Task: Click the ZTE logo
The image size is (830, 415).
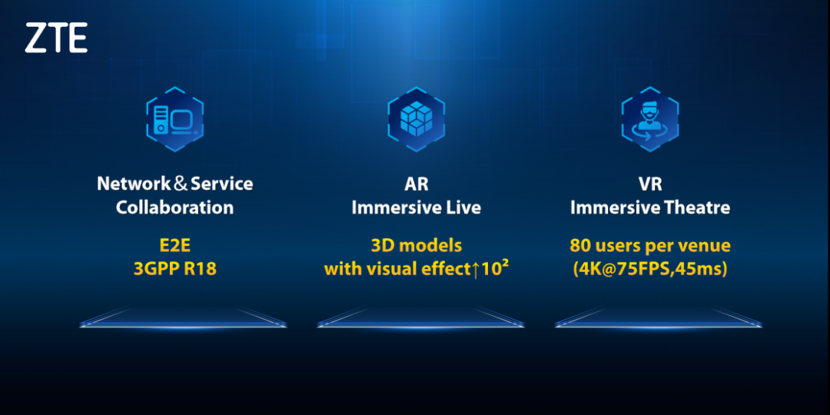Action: (x=56, y=38)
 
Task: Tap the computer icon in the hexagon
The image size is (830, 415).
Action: (x=175, y=120)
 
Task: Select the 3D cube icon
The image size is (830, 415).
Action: (x=416, y=118)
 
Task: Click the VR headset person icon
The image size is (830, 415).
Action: (x=649, y=120)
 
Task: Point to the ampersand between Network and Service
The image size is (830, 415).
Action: (x=181, y=184)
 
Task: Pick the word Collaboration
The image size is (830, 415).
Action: (x=174, y=207)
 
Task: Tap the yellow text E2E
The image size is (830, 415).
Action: (x=174, y=246)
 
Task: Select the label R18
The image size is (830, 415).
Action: (x=201, y=269)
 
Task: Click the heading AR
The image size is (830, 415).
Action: (x=416, y=184)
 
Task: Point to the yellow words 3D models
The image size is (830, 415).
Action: (x=416, y=246)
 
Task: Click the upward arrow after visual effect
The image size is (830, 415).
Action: (x=476, y=270)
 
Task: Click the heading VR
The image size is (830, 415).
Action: (x=650, y=184)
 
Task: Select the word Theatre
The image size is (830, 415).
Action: (x=700, y=207)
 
